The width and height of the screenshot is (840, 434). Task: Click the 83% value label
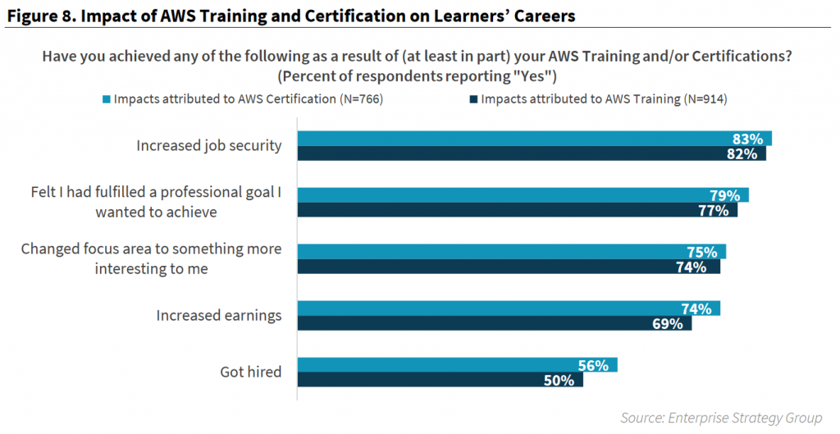(747, 138)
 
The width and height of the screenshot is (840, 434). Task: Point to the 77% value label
(714, 210)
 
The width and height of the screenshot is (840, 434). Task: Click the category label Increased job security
(209, 146)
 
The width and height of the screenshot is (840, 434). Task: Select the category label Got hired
(251, 372)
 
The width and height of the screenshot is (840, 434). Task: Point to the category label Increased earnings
(219, 315)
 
